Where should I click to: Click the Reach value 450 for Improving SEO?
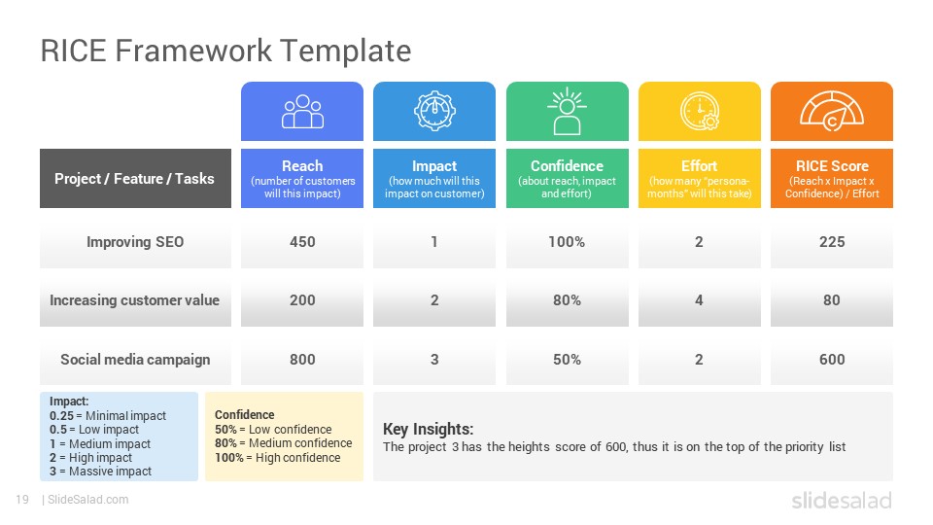(302, 242)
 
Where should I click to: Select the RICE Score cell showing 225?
(832, 242)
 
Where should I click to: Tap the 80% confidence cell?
(567, 300)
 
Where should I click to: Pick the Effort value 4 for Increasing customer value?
(699, 300)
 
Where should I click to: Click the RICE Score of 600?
(832, 360)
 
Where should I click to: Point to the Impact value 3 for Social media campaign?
(434, 360)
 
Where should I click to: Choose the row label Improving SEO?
(135, 242)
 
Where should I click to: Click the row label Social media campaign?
(135, 360)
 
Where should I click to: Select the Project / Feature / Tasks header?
(134, 179)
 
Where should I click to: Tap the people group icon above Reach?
(302, 111)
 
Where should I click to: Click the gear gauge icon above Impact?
(434, 111)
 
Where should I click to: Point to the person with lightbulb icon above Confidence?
(567, 111)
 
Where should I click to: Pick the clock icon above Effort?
(700, 111)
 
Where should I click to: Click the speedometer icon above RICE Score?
(832, 111)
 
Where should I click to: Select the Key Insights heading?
(428, 429)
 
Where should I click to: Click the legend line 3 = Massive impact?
(100, 472)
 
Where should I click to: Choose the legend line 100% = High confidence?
(277, 458)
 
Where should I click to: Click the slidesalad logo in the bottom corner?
(842, 501)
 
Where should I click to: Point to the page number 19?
(22, 500)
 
